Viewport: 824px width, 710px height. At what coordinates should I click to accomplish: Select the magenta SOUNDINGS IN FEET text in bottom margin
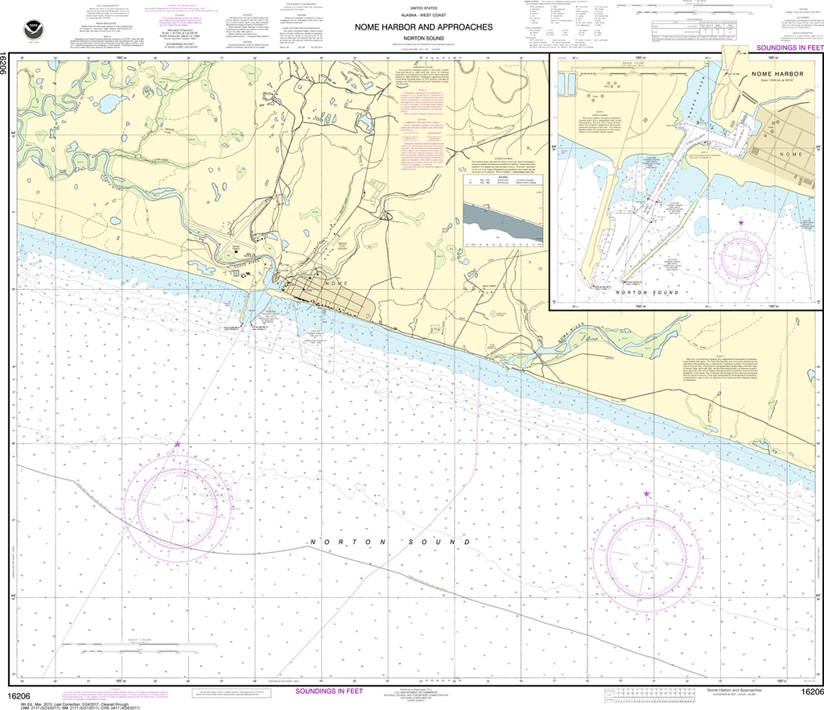329,691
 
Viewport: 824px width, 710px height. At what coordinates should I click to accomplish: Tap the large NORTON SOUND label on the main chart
376,543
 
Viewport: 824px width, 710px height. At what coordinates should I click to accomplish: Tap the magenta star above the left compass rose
177,444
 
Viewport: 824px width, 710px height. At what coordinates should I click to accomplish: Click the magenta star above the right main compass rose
646,493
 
